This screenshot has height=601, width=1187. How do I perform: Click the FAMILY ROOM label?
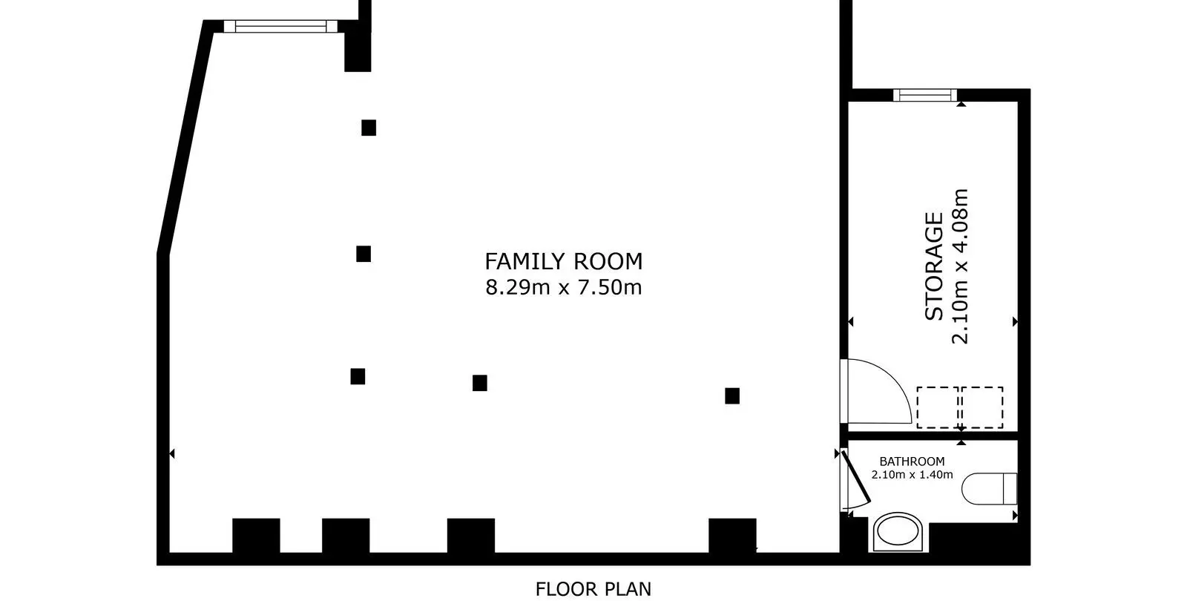pos(563,261)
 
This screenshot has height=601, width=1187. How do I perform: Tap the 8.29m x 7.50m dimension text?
pos(563,287)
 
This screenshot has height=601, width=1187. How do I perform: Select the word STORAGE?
pos(934,266)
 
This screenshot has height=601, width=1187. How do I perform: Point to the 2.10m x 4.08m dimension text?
pos(960,266)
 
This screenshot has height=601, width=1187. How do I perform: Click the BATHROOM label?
pos(912,461)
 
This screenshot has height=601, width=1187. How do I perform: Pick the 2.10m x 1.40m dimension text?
pos(912,475)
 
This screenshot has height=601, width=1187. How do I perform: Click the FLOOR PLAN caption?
pos(593,589)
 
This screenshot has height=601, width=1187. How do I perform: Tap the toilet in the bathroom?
pos(990,489)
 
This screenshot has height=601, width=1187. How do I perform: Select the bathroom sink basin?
pos(898,531)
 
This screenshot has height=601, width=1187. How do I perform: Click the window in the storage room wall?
pos(924,96)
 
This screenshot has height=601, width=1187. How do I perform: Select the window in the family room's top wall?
pos(280,26)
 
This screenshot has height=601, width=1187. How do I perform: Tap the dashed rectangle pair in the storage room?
pos(960,407)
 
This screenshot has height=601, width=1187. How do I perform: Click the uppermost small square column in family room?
pos(369,128)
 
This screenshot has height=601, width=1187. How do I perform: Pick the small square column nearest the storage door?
pos(732,396)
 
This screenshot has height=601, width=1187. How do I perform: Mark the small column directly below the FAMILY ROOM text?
pos(479,383)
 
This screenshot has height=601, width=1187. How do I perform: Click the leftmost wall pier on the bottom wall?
pos(256,536)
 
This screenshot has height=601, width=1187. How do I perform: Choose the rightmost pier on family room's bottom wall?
pos(732,536)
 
